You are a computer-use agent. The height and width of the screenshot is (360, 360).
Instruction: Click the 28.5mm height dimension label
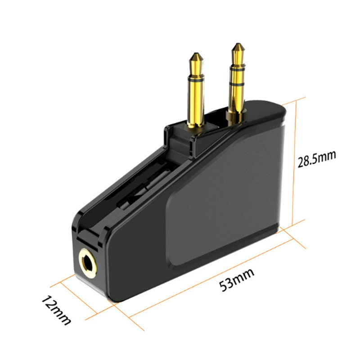(x=317, y=158)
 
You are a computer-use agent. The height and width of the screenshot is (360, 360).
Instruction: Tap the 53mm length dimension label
(x=237, y=279)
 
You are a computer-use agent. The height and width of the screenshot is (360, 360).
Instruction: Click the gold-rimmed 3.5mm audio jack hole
(x=88, y=264)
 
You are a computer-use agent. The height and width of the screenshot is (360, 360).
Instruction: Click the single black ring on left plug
(x=196, y=80)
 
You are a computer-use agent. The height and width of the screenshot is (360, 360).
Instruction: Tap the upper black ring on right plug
(x=238, y=68)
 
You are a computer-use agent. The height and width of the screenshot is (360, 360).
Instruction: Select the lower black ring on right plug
(x=238, y=84)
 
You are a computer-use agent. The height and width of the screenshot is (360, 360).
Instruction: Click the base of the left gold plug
(x=196, y=124)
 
